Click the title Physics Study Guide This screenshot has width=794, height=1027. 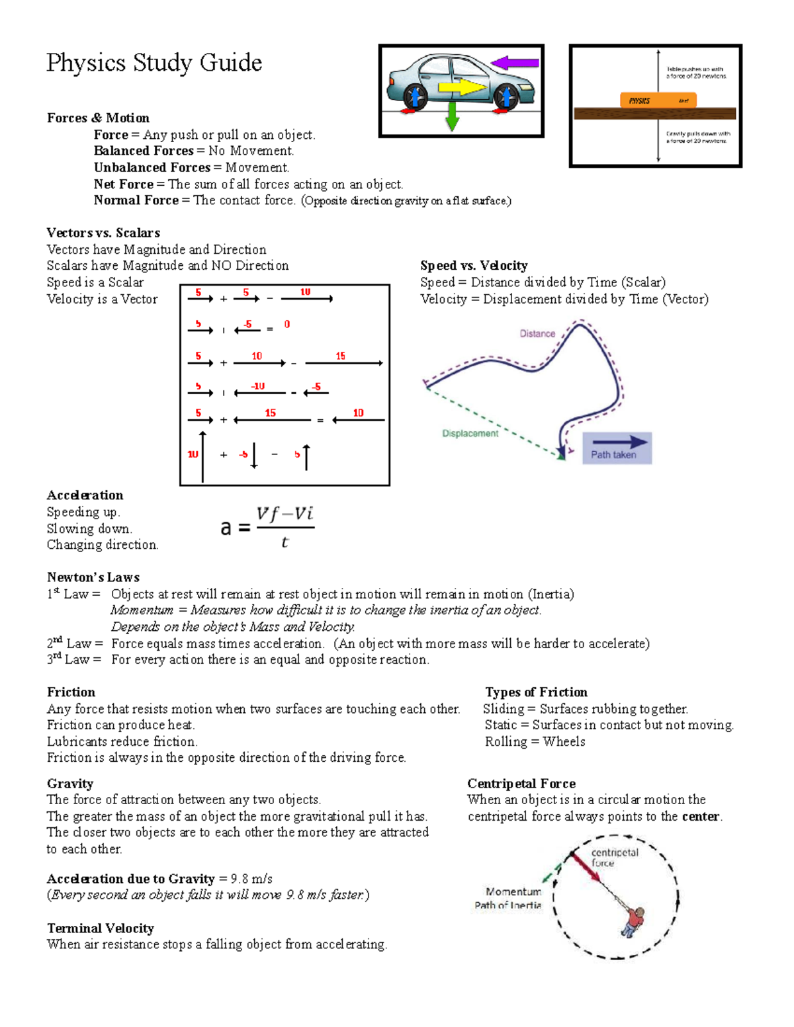(x=154, y=63)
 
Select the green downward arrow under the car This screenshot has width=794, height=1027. (x=453, y=116)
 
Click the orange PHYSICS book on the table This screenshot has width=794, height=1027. (x=658, y=101)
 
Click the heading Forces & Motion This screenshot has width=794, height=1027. (x=98, y=118)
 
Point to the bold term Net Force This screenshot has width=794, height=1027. (x=124, y=184)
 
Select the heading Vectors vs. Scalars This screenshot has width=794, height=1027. (x=103, y=233)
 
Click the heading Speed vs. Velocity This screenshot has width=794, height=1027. (x=474, y=265)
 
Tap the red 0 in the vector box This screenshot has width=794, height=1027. (x=287, y=324)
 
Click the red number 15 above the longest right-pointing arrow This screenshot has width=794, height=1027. (x=340, y=356)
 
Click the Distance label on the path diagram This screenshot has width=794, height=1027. (x=537, y=333)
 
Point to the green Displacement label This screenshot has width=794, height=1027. (x=470, y=433)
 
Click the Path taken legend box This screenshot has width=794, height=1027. (x=617, y=448)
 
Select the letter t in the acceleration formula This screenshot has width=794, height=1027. (x=285, y=542)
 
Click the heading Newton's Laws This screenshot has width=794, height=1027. (x=93, y=577)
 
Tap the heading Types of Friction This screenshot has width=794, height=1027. (x=536, y=692)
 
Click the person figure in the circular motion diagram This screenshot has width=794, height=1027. (x=633, y=921)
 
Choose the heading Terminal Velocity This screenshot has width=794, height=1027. (x=101, y=928)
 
